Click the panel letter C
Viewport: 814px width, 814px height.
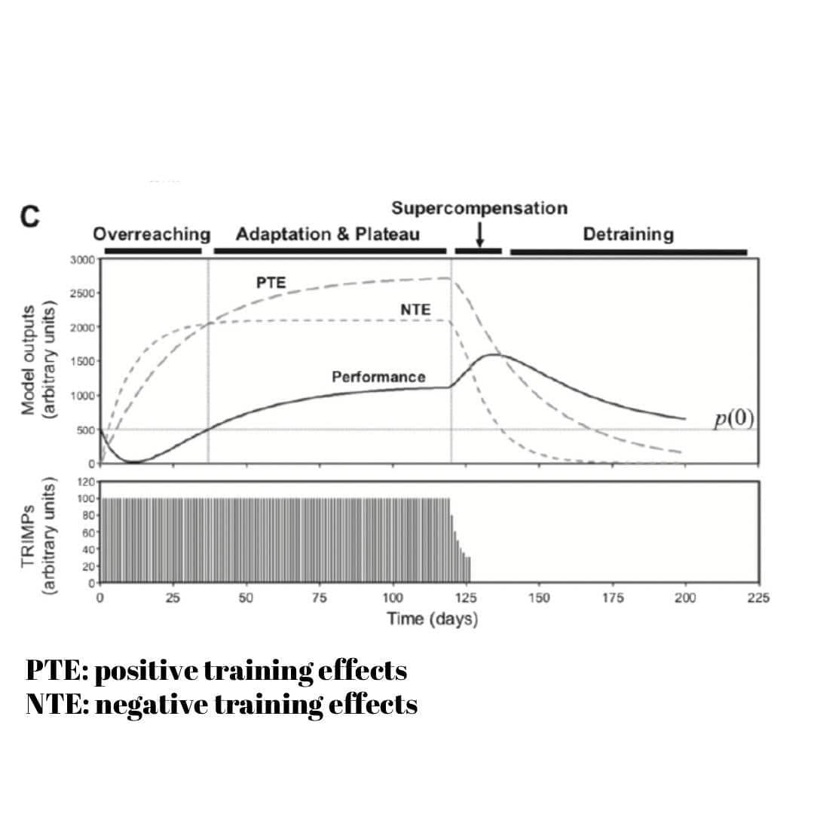[x=29, y=216]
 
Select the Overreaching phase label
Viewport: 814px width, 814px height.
[x=151, y=234]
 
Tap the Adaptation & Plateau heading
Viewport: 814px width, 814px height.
[x=327, y=234]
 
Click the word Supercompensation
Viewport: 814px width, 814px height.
[x=479, y=208]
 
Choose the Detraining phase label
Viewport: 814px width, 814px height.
[x=628, y=234]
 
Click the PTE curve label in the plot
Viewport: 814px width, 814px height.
[x=271, y=282]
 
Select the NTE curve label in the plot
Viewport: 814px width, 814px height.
[x=415, y=310]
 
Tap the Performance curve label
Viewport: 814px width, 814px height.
[x=378, y=376]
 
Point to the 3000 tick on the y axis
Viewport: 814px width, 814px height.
[x=83, y=260]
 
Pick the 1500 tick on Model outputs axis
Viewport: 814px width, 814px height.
[x=83, y=362]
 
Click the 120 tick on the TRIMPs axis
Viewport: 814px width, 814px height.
[x=87, y=482]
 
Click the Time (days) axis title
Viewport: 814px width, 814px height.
[x=433, y=620]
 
